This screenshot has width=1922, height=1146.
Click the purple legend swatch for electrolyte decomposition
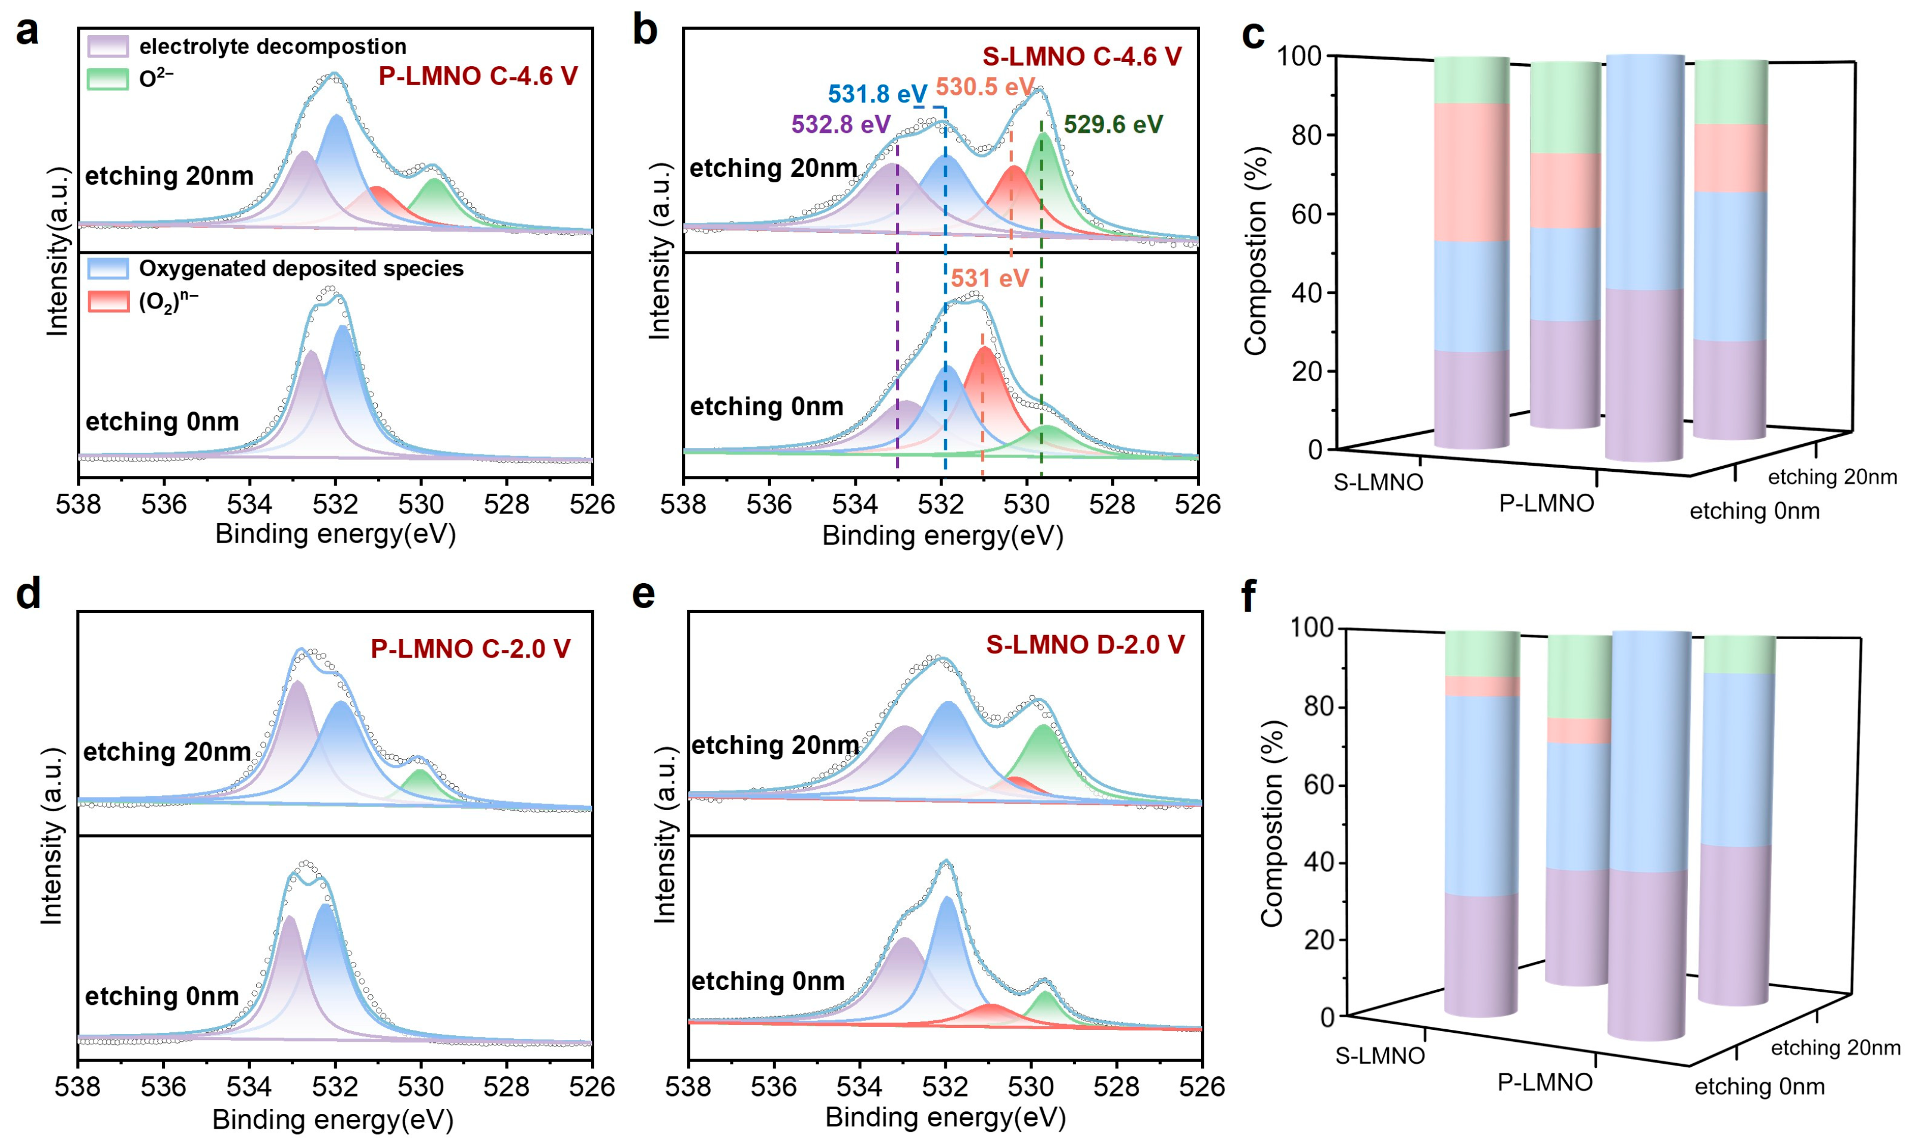(x=107, y=46)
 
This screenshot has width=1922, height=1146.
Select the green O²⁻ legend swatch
(x=107, y=79)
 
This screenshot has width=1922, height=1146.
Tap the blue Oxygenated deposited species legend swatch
(x=107, y=268)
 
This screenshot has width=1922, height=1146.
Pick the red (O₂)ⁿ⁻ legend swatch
(x=107, y=301)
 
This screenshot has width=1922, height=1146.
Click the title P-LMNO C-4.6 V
(x=477, y=76)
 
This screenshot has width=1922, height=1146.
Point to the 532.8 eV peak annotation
(x=841, y=124)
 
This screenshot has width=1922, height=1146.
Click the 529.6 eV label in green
(x=1113, y=124)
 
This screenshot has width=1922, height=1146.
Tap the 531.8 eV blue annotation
(x=876, y=94)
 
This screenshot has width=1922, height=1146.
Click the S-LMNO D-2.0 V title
(x=1085, y=645)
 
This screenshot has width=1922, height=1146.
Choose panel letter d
(x=29, y=594)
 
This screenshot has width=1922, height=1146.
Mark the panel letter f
(x=1248, y=596)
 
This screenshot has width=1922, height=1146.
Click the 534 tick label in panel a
(x=250, y=505)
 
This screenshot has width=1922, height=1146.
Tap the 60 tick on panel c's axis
(x=1306, y=214)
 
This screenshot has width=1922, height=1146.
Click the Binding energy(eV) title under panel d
(x=333, y=1120)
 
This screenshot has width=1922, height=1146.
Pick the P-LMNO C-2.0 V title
(x=470, y=649)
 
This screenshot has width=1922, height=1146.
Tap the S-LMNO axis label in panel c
(x=1379, y=482)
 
